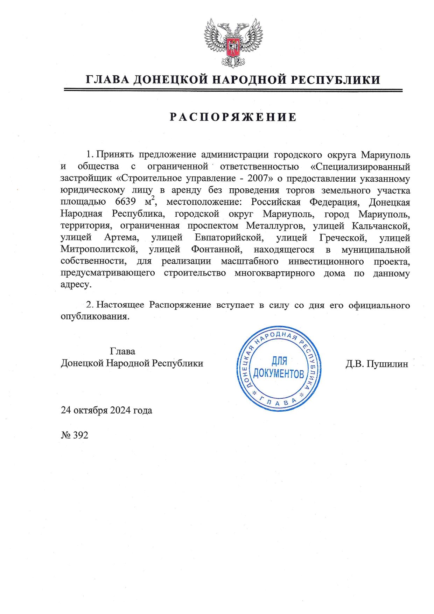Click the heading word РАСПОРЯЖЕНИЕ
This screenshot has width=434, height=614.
click(x=233, y=117)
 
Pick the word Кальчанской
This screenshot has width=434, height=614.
click(x=381, y=225)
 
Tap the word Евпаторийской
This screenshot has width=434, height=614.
click(x=229, y=238)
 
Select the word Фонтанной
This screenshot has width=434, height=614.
click(x=217, y=250)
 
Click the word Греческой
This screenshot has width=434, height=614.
click(x=343, y=238)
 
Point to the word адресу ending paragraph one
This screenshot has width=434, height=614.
click(x=76, y=285)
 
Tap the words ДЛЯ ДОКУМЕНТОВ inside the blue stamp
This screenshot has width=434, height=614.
click(x=279, y=368)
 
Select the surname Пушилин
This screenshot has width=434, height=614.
click(x=388, y=364)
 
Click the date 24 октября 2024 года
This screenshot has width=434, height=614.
click(x=106, y=410)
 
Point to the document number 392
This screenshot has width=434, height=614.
click(x=81, y=435)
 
